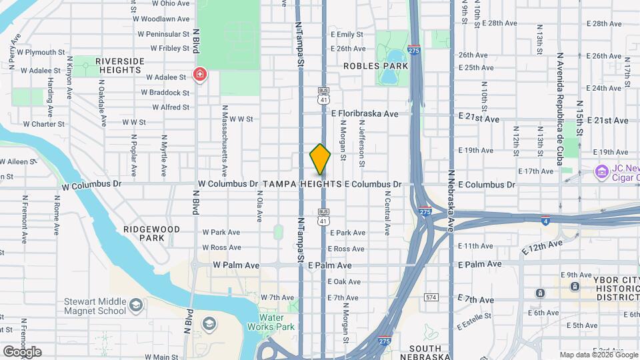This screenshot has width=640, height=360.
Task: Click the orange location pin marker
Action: coord(321,159)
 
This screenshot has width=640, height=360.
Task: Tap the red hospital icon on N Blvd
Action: coord(199,74)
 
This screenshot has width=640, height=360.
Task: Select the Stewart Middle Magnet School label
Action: coord(95,306)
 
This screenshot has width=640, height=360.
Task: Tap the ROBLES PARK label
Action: coord(375,66)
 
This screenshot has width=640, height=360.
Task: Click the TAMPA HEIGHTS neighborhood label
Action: coord(302,184)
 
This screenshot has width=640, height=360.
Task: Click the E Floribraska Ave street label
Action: coord(365,113)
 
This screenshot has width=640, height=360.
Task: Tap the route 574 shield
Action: coord(431,296)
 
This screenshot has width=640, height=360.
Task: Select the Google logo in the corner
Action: coord(22,351)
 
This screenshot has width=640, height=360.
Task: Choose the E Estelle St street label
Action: coord(474,316)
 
